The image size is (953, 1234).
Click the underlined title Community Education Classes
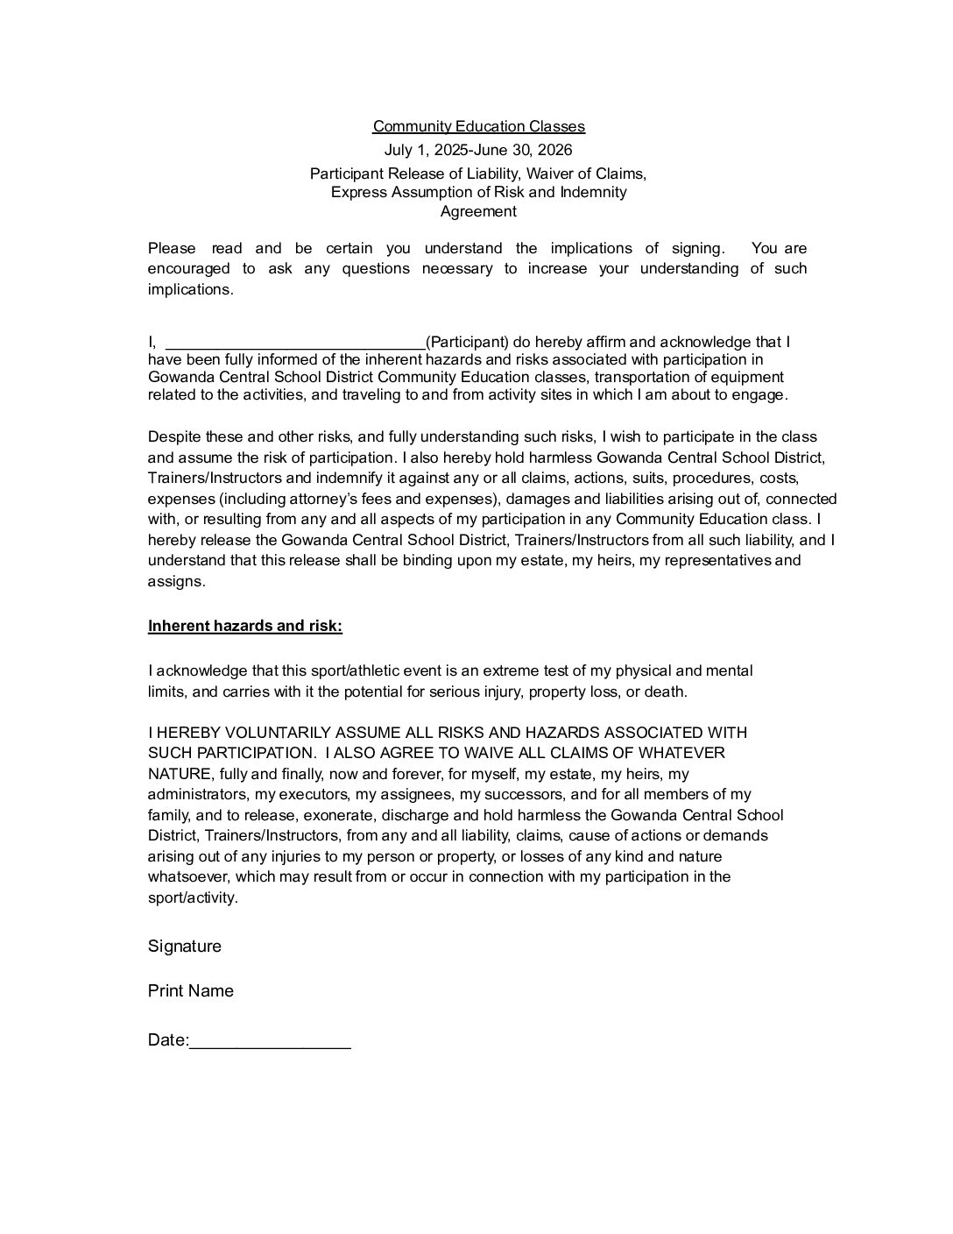pyautogui.click(x=478, y=127)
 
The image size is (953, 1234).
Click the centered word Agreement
pyautogui.click(x=478, y=211)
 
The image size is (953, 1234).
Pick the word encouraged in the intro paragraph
pyautogui.click(x=188, y=268)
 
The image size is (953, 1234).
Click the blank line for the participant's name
pyautogui.click(x=295, y=343)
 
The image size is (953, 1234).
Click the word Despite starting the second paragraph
pyautogui.click(x=173, y=436)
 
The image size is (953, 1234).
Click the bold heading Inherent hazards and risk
pyautogui.click(x=245, y=626)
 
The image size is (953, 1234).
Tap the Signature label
pyautogui.click(x=185, y=946)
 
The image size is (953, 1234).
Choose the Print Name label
pyautogui.click(x=191, y=990)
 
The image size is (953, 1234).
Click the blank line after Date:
pyautogui.click(x=270, y=1041)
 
